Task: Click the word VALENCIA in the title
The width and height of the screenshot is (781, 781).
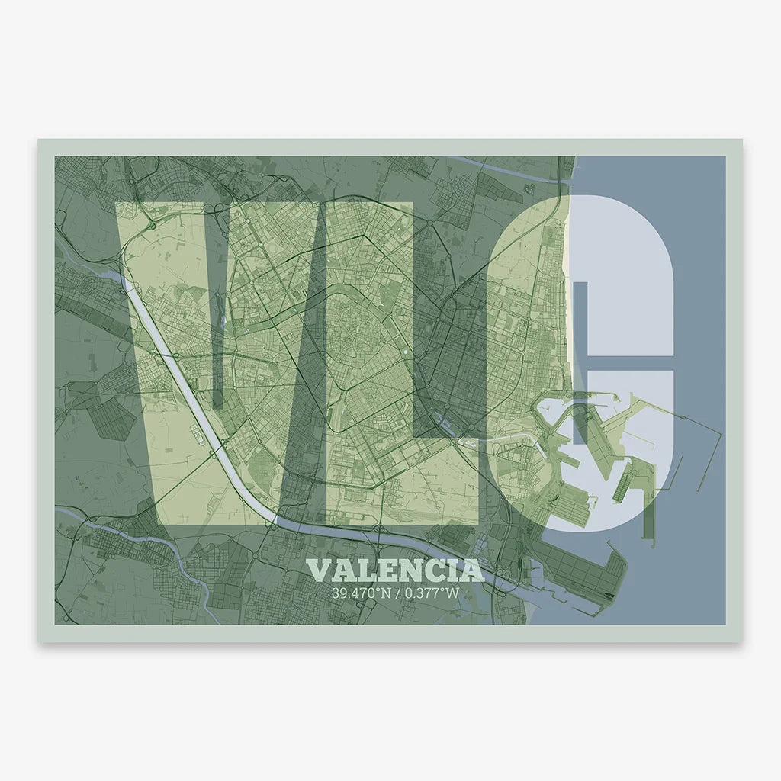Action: point(395,570)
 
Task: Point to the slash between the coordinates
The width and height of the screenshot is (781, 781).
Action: point(397,592)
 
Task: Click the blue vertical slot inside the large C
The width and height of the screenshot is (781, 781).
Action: point(580,358)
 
